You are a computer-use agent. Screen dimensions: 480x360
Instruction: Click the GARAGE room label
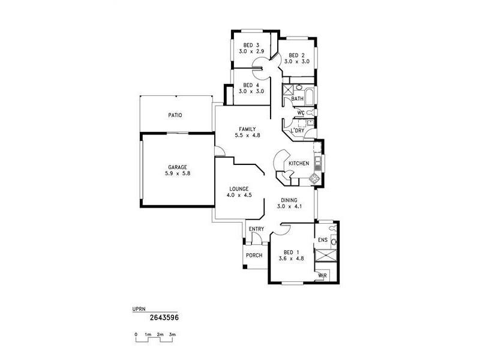(177, 167)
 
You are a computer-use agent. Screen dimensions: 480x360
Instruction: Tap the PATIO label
(175, 115)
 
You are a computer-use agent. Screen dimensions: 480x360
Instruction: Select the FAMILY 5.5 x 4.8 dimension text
(247, 135)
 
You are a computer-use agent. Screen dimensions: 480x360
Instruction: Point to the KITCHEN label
(299, 163)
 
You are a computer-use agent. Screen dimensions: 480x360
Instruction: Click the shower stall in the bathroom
(288, 90)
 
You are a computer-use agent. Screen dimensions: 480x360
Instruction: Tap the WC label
(301, 113)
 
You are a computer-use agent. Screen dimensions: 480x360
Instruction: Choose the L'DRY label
(297, 130)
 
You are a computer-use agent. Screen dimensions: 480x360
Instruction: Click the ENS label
(323, 240)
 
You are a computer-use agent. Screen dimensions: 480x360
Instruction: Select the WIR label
(322, 276)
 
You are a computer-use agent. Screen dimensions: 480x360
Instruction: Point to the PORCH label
(254, 256)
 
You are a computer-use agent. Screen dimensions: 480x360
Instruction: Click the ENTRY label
(256, 229)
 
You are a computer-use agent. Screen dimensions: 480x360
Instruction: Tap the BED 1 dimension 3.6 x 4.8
(291, 259)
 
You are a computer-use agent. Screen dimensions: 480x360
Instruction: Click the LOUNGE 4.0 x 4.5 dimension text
(239, 195)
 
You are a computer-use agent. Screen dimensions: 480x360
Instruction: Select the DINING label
(289, 200)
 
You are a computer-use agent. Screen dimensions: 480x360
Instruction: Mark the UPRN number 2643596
(164, 317)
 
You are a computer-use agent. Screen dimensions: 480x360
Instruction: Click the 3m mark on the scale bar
(172, 335)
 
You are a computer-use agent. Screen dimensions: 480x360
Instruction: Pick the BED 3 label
(251, 46)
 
